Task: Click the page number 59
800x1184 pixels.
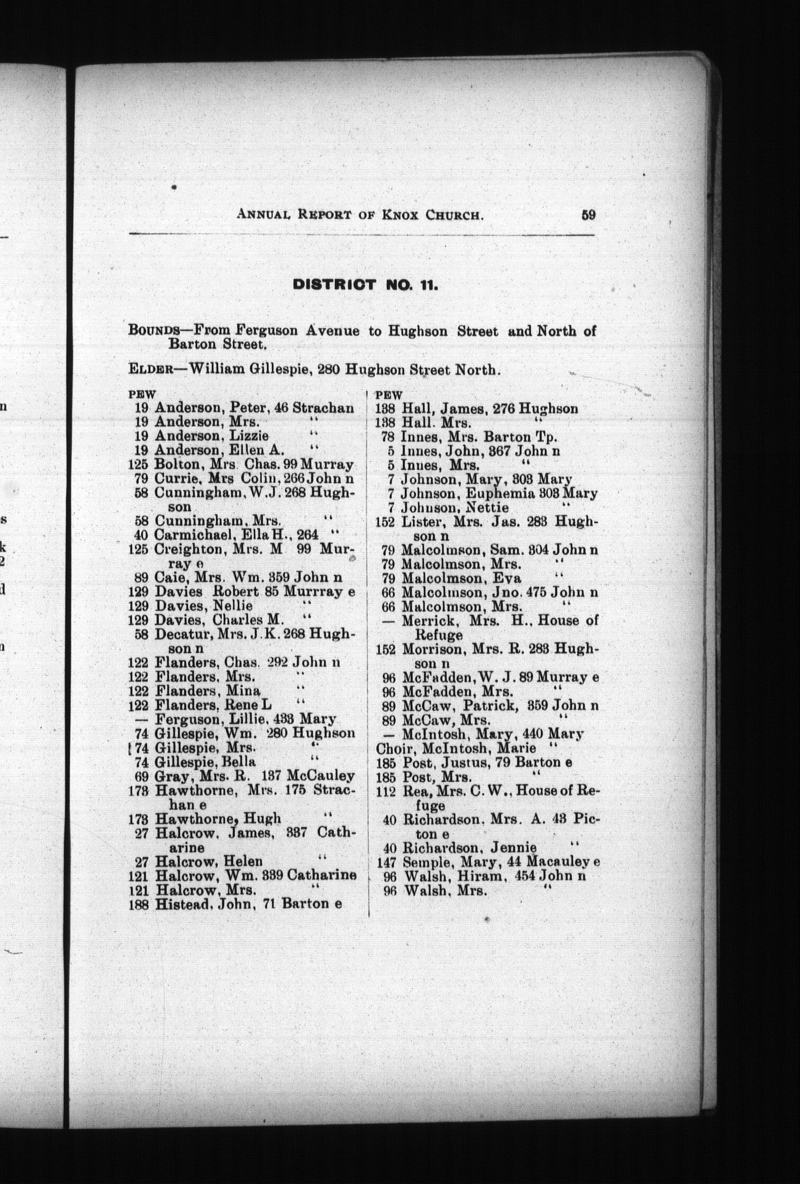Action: click(588, 215)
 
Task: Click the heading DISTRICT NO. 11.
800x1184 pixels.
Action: click(365, 286)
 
